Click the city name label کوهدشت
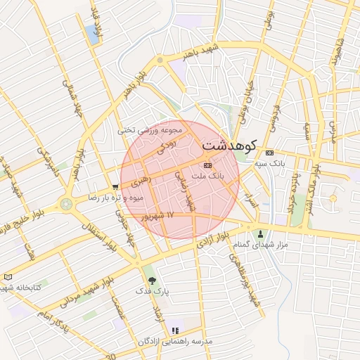(x=229, y=145)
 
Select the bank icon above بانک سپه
(x=269, y=153)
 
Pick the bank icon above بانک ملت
(x=206, y=165)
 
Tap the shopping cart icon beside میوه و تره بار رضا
(x=115, y=186)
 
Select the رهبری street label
(x=140, y=181)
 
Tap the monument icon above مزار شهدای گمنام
(x=261, y=233)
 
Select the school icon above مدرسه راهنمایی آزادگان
(x=175, y=330)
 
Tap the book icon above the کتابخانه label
(x=8, y=277)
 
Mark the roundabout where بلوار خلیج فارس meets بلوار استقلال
(x=67, y=205)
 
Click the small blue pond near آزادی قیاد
(x=92, y=31)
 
